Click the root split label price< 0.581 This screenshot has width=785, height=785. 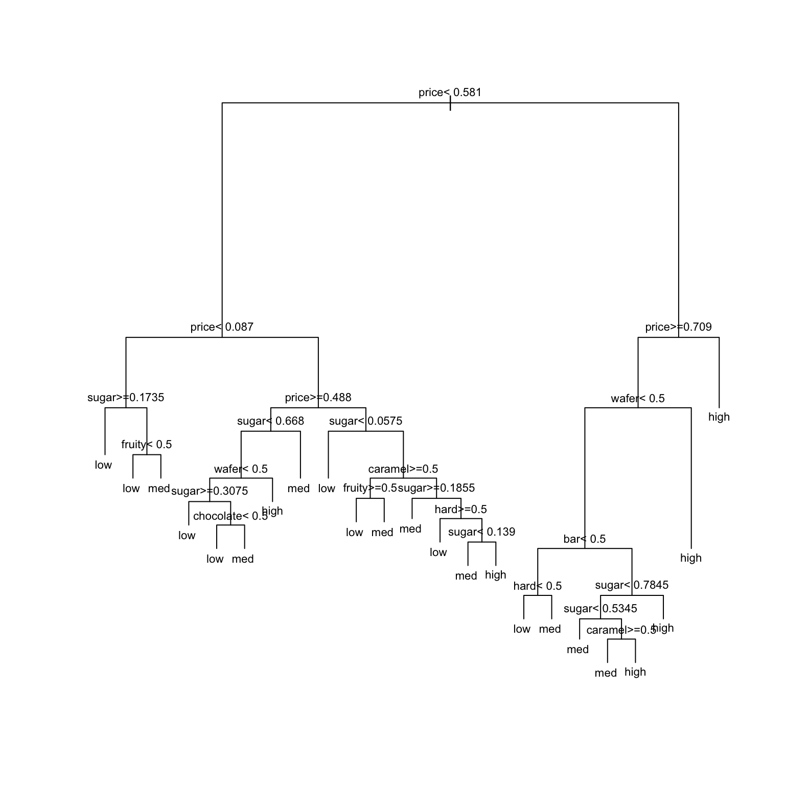(x=450, y=93)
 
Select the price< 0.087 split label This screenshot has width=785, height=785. (x=222, y=327)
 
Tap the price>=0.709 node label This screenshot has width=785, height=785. (x=678, y=327)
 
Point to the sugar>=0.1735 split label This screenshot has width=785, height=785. (x=126, y=398)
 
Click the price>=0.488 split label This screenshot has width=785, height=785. (x=318, y=398)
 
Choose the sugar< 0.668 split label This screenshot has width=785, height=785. (x=270, y=421)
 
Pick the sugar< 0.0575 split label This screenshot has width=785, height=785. (x=365, y=421)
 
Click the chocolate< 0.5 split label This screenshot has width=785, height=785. (x=230, y=516)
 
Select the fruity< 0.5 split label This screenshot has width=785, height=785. (x=146, y=445)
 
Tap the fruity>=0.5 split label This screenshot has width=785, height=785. (x=370, y=488)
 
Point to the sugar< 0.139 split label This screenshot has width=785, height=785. (x=481, y=532)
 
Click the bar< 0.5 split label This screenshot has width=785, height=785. (x=584, y=539)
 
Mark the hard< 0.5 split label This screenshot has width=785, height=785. (x=537, y=586)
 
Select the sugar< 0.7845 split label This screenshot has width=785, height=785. (x=631, y=585)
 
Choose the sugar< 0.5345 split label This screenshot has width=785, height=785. (x=600, y=609)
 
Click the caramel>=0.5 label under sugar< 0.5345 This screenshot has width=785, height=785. (x=621, y=630)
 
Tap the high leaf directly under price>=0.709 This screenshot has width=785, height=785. (x=719, y=417)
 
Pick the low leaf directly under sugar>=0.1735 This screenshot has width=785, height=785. (x=103, y=465)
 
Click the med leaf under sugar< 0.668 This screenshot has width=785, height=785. (x=298, y=489)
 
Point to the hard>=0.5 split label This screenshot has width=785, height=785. (x=460, y=510)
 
